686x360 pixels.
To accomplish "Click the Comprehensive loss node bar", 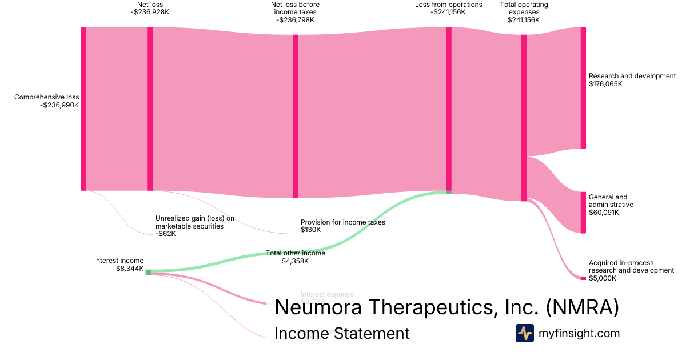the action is tap(83, 109).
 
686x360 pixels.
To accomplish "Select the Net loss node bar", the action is tap(150, 109).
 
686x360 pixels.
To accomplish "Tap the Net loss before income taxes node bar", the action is tap(296, 116).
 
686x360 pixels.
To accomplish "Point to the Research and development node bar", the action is tap(583, 87).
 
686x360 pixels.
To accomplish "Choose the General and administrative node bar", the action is tap(583, 213).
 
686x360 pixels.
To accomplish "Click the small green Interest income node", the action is tap(148, 273).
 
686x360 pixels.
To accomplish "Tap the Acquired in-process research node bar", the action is tap(583, 278).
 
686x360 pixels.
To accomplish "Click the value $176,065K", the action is tap(605, 84).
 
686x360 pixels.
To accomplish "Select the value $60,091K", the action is tap(604, 213).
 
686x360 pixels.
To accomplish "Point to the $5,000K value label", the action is tap(603, 278).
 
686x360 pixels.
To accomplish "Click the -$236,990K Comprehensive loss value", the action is tap(59, 105).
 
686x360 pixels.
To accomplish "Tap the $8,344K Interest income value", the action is tap(130, 268).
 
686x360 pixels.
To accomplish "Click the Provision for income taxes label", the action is tap(342, 222).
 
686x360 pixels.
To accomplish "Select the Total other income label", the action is tap(295, 253).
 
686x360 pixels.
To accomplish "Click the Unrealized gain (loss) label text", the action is tap(194, 222).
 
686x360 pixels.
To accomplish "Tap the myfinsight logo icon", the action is tap(524, 333).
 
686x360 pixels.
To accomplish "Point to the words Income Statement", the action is tap(342, 333).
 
